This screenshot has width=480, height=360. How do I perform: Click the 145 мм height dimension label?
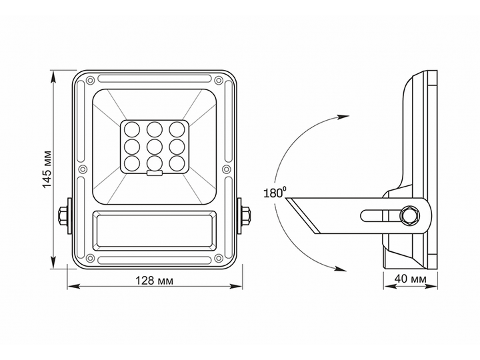tap(47, 169)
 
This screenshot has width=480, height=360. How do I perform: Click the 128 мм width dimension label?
tap(154, 280)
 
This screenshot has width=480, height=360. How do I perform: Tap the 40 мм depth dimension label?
tap(410, 279)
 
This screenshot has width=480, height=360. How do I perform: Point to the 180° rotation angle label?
tap(275, 193)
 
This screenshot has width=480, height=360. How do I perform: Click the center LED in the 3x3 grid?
tap(154, 147)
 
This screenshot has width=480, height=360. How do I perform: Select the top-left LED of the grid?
tap(132, 129)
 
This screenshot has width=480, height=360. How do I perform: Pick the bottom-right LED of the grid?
tap(177, 163)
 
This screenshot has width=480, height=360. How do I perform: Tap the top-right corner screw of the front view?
tap(218, 81)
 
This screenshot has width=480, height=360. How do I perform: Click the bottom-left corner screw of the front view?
tap(90, 258)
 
